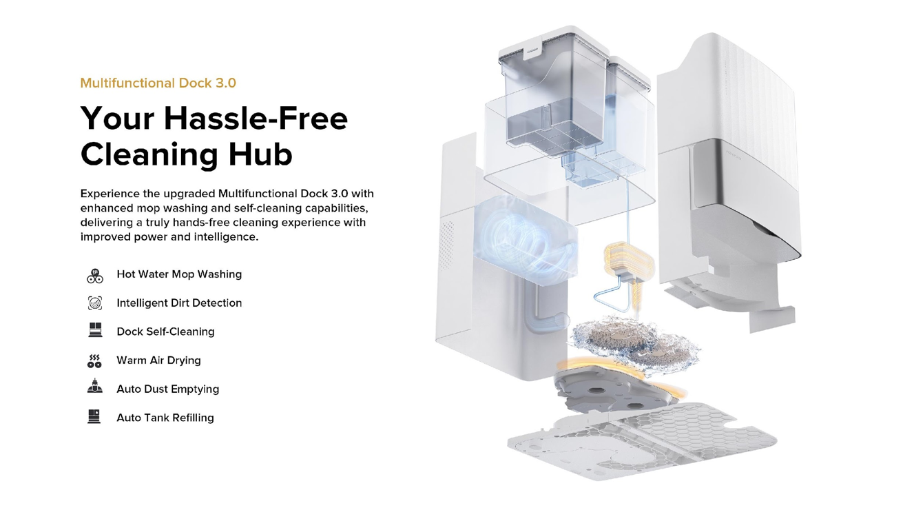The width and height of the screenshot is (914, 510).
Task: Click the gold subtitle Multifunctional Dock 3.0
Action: tap(158, 83)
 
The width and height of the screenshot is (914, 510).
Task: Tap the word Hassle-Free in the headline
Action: tap(256, 119)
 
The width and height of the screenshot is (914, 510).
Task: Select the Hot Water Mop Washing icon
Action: tap(95, 275)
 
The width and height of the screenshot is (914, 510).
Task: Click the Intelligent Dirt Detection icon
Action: tap(95, 303)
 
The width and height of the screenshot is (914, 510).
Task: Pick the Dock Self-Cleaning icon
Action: tap(95, 331)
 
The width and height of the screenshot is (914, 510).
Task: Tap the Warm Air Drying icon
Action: tap(95, 360)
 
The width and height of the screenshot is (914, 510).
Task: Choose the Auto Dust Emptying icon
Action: tap(95, 388)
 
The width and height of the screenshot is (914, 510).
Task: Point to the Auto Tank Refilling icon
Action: tap(94, 417)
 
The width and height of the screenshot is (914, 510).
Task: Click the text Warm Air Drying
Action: tap(158, 360)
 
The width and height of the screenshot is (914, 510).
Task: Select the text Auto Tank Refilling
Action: tap(165, 418)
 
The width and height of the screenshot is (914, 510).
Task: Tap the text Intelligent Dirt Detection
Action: tap(179, 303)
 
